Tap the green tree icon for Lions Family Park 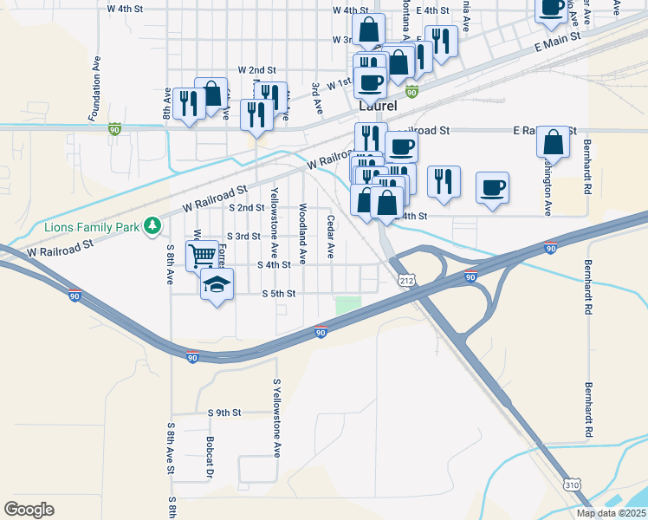pyautogui.click(x=153, y=225)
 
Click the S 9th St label pyautogui.click(x=224, y=413)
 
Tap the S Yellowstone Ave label pyautogui.click(x=277, y=418)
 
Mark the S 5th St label pyautogui.click(x=279, y=294)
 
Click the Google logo pyautogui.click(x=29, y=509)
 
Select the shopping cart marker pyautogui.click(x=202, y=255)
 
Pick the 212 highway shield pyautogui.click(x=407, y=280)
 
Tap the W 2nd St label pyautogui.click(x=256, y=69)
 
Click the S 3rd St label pyautogui.click(x=243, y=236)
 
